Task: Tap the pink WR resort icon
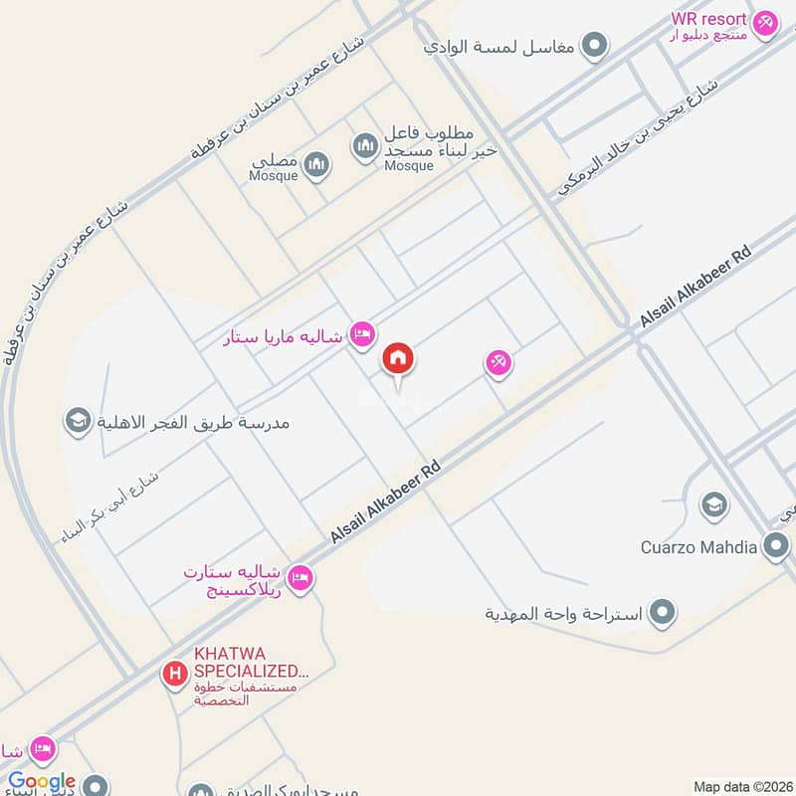[x=764, y=21]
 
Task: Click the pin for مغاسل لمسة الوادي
[x=594, y=45]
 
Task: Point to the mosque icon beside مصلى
[x=316, y=164]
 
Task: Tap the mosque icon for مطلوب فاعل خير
[x=365, y=147]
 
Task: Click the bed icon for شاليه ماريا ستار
[x=362, y=335]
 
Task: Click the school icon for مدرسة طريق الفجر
[x=76, y=422]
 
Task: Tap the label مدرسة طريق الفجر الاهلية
[x=194, y=423]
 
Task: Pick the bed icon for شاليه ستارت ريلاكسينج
[x=299, y=577]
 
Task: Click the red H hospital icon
[x=175, y=675]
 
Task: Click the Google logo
[x=42, y=782]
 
